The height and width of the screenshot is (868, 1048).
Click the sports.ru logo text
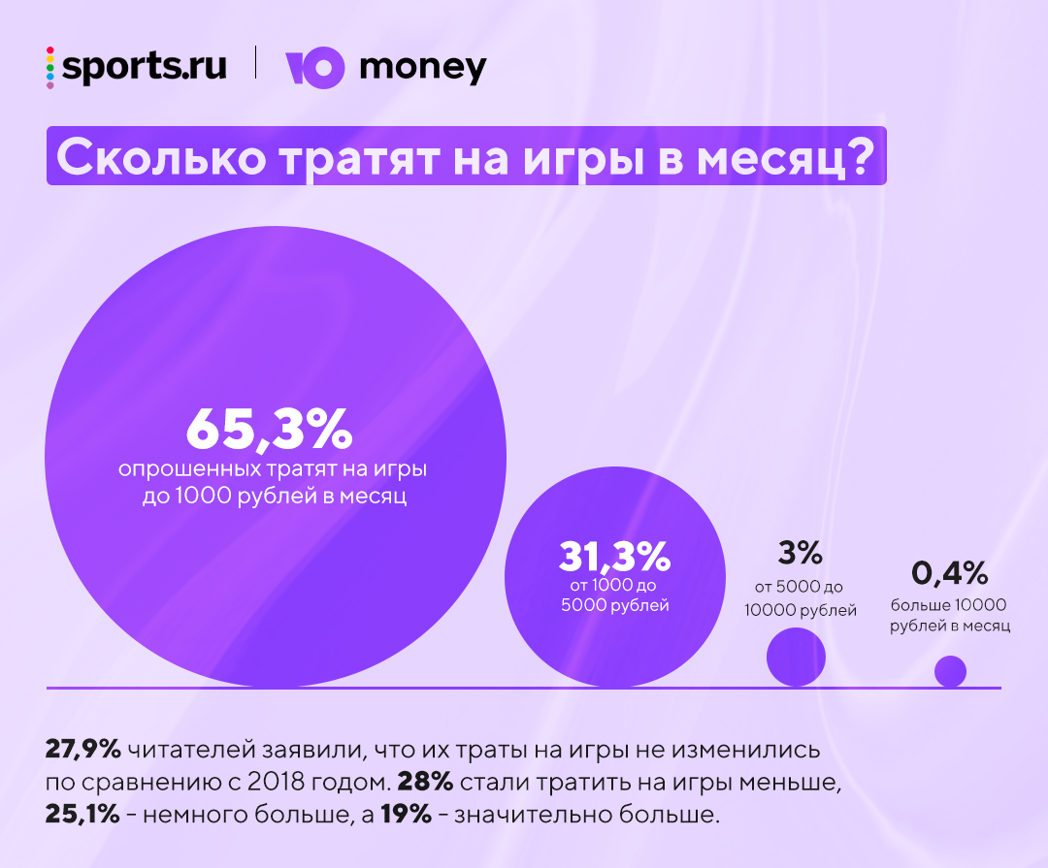[145, 67]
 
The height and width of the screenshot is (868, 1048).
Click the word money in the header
[423, 68]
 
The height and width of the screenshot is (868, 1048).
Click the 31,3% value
[615, 557]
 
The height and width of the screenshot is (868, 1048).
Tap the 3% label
[801, 553]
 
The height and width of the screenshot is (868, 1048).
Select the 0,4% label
[950, 574]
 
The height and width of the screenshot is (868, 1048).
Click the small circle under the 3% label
[796, 658]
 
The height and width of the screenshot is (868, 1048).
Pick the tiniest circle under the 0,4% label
[950, 671]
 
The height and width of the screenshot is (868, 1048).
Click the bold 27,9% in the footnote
[82, 750]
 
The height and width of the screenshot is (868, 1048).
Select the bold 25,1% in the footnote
[82, 814]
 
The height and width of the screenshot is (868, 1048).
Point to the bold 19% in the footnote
[406, 814]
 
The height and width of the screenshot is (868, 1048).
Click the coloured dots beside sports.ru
[50, 67]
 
